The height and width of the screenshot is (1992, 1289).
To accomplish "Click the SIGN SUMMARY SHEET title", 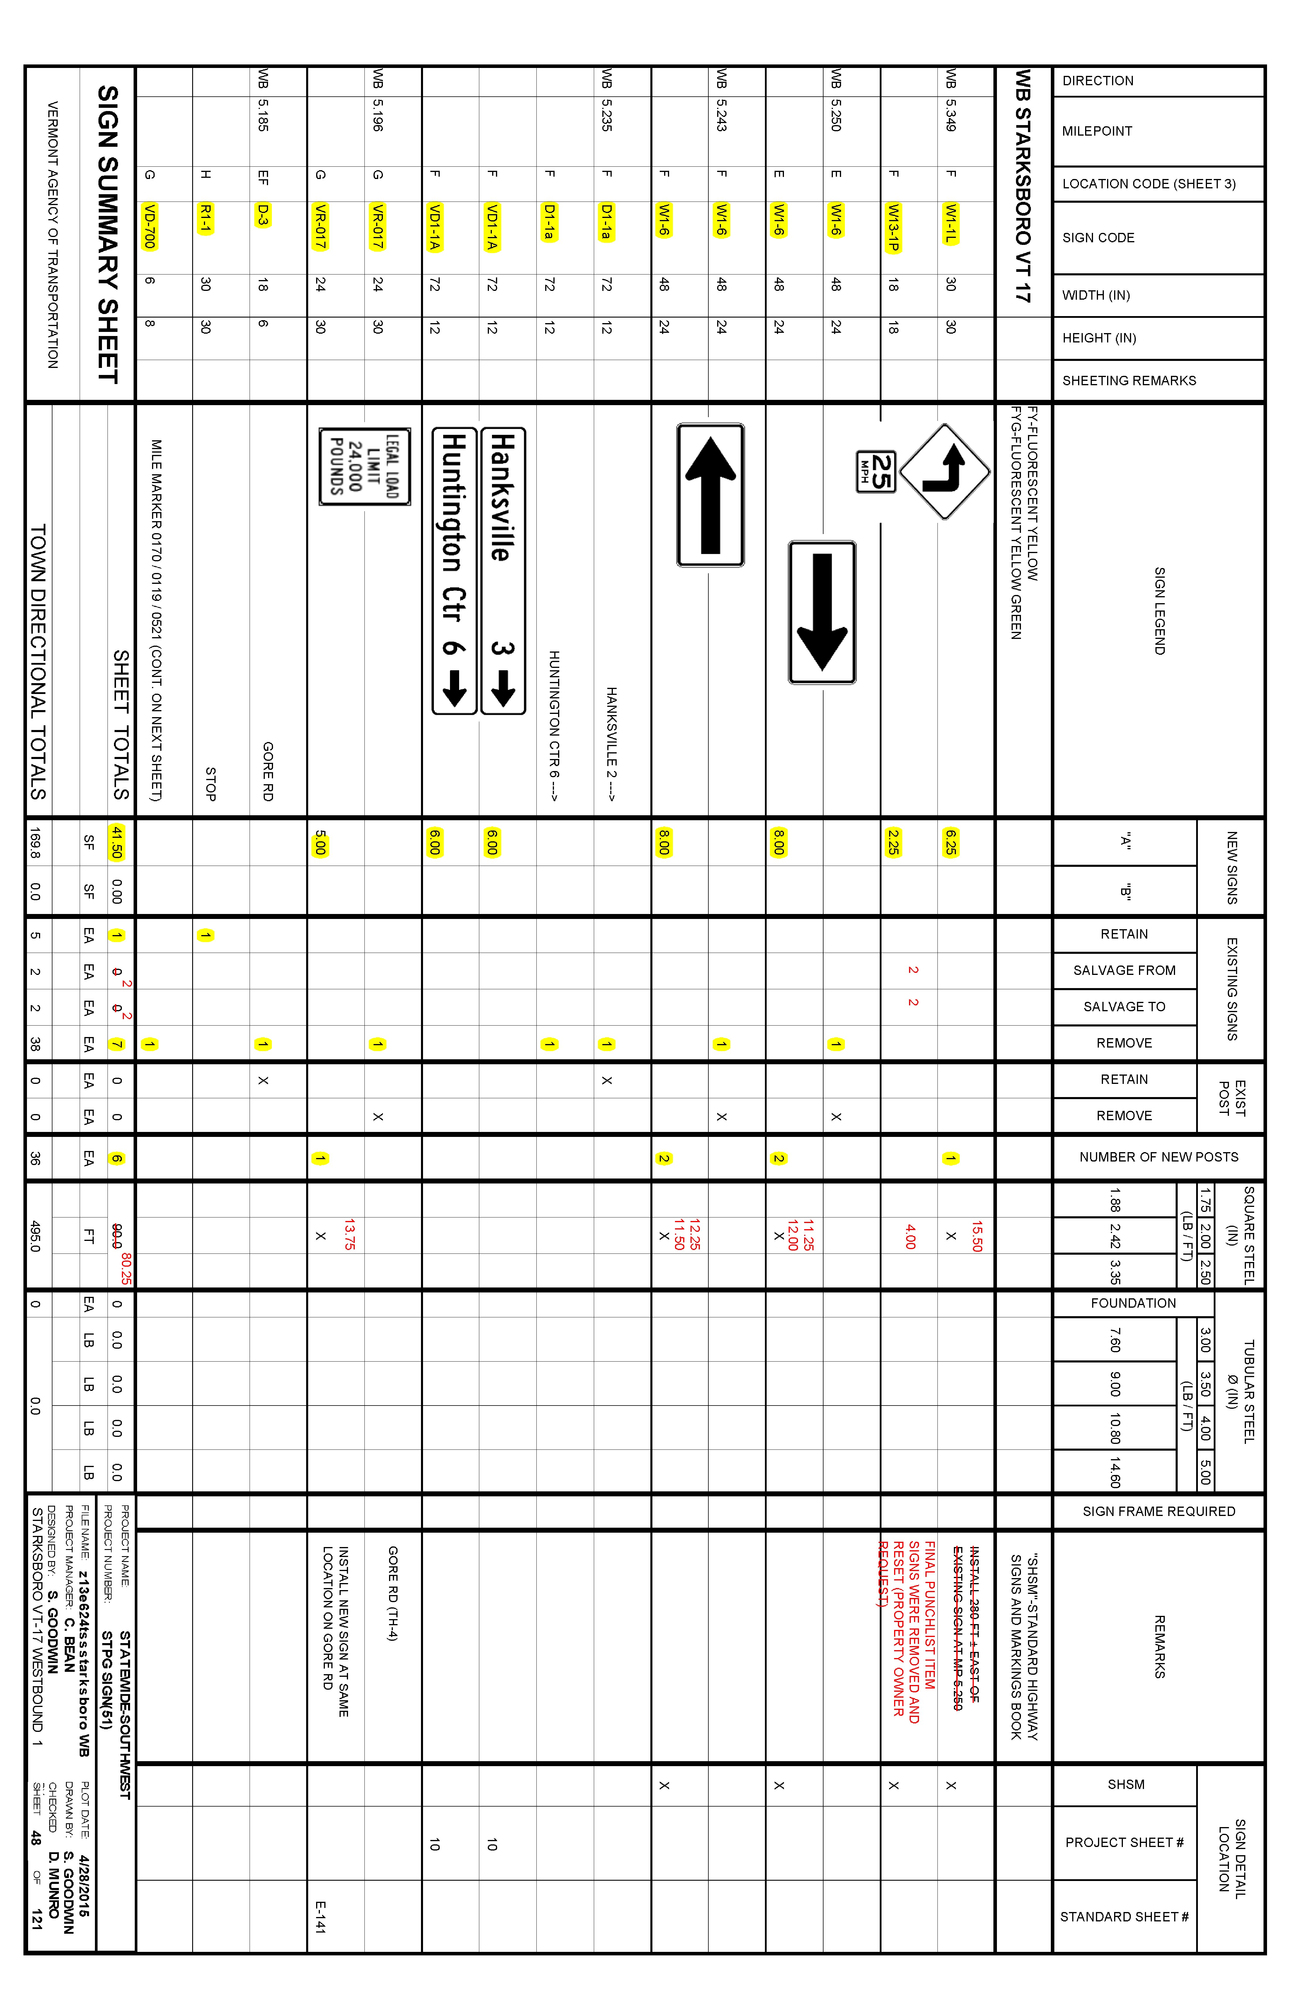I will click(x=109, y=234).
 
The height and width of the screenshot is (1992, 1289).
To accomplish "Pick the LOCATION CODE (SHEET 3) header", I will click(x=1148, y=184).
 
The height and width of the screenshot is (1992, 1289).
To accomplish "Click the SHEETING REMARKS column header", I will click(x=1128, y=381).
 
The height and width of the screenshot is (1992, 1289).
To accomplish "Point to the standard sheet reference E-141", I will click(x=320, y=1917).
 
